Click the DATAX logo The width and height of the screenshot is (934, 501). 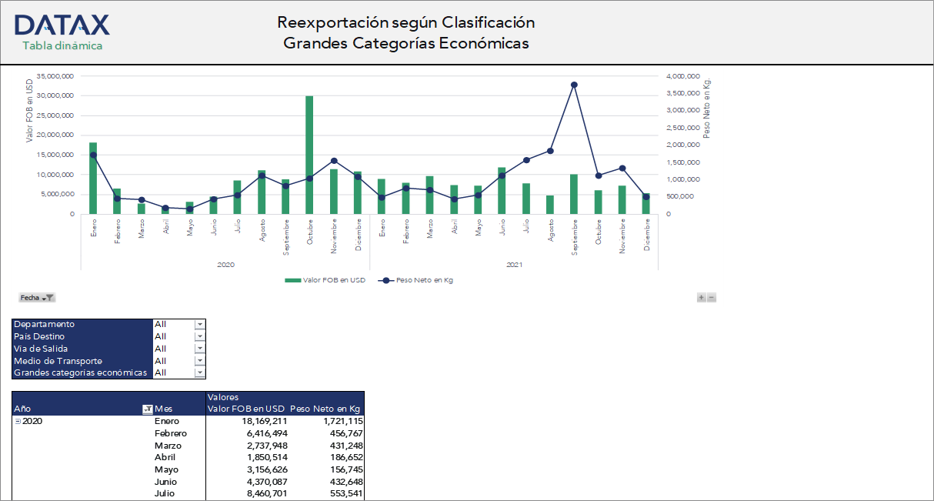pyautogui.click(x=62, y=25)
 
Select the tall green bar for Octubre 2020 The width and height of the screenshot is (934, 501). pyautogui.click(x=309, y=154)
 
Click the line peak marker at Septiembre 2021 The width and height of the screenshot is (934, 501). pyautogui.click(x=574, y=85)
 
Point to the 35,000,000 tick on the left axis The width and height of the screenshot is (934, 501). pyautogui.click(x=55, y=76)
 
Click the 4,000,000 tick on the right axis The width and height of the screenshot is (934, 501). pyautogui.click(x=682, y=76)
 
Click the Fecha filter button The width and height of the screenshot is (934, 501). pyautogui.click(x=37, y=297)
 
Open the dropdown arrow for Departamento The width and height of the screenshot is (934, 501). pyautogui.click(x=200, y=325)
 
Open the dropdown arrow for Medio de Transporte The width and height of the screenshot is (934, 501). pyautogui.click(x=200, y=361)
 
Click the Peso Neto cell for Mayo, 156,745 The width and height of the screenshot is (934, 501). pyautogui.click(x=339, y=469)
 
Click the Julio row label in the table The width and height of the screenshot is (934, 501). pyautogui.click(x=165, y=493)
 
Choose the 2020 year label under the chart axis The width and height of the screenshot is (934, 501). pyautogui.click(x=225, y=264)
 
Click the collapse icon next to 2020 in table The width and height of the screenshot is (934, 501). pyautogui.click(x=18, y=421)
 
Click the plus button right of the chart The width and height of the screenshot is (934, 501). pyautogui.click(x=701, y=297)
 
